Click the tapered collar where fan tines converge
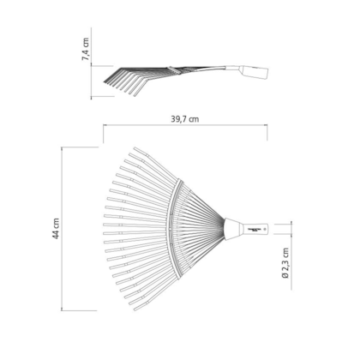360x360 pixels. click(232, 230)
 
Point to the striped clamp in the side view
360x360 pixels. click(177, 72)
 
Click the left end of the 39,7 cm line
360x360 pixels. click(103, 129)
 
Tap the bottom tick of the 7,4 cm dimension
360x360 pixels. click(93, 96)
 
